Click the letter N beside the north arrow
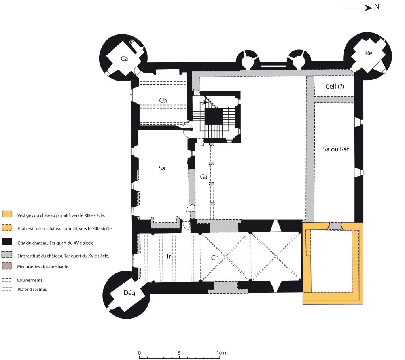pos(377,6)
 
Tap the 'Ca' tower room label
pos(124,59)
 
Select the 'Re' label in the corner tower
pos(369,53)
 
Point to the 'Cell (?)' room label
pos(335,86)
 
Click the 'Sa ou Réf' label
pos(336,149)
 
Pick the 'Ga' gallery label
pos(204,177)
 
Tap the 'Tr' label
pos(168,256)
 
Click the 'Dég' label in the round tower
pos(129,293)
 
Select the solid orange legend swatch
pos(7,214)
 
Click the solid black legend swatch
pos(7,241)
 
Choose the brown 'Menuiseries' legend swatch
pos(7,266)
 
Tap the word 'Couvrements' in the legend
pos(30,280)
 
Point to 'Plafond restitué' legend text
pos(32,290)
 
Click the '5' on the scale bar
pos(179,353)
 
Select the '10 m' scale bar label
pos(222,353)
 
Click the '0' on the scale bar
pos(140,353)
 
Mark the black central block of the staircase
pos(214,117)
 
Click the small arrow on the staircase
pos(205,102)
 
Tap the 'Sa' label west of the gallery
pos(162,168)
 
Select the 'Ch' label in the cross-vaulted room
pos(215,258)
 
